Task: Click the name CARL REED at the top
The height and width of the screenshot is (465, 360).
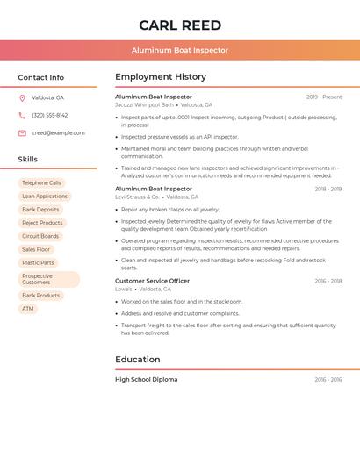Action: tap(180, 25)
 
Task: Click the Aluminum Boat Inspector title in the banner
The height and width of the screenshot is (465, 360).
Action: tap(180, 50)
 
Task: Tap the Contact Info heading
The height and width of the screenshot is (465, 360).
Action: tap(40, 77)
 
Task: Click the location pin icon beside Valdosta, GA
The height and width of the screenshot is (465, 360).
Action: tap(22, 97)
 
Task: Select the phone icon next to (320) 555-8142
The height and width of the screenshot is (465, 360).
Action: tap(22, 115)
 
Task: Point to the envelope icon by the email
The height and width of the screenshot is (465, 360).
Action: tap(22, 133)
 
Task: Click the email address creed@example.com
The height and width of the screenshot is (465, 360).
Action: tap(58, 133)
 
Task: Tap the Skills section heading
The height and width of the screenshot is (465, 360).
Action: tap(28, 160)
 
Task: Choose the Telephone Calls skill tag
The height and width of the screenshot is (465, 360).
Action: tap(41, 183)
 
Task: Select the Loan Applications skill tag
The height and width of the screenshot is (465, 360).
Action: tap(44, 197)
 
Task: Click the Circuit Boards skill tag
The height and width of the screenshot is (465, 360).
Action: tap(40, 236)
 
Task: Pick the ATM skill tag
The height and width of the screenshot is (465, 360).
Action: tap(28, 309)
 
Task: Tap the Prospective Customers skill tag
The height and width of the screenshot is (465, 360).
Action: tap(48, 279)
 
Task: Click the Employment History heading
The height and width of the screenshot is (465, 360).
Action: tap(161, 77)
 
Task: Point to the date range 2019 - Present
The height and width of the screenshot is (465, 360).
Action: tap(324, 97)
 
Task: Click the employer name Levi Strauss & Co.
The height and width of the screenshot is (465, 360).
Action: tap(138, 197)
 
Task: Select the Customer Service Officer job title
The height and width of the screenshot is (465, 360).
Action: tap(152, 281)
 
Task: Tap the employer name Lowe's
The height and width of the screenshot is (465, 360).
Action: tap(124, 289)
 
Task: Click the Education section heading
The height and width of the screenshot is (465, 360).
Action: tap(138, 360)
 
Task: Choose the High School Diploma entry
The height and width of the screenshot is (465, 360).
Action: tap(146, 380)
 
